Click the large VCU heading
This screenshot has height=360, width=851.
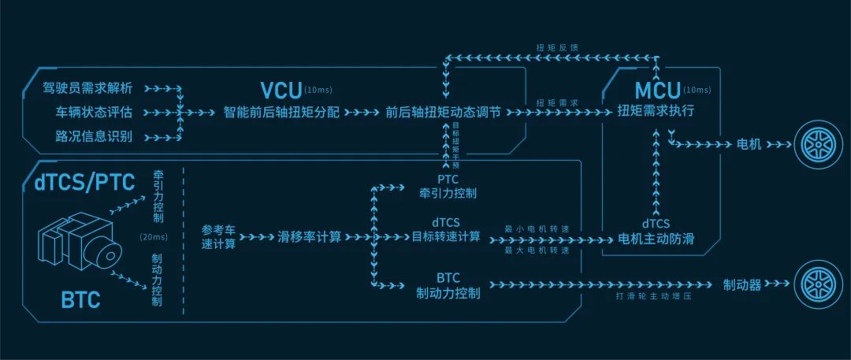pyautogui.click(x=281, y=90)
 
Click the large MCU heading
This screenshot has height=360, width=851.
pyautogui.click(x=657, y=90)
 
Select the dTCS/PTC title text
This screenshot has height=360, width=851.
pyautogui.click(x=84, y=183)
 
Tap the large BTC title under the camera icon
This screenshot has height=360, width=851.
pyautogui.click(x=81, y=299)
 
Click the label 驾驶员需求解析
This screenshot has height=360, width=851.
pyautogui.click(x=87, y=88)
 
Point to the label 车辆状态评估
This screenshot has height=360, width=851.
pyautogui.click(x=93, y=113)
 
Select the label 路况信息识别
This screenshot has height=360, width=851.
pyautogui.click(x=93, y=136)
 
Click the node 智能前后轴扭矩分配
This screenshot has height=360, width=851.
pyautogui.click(x=281, y=113)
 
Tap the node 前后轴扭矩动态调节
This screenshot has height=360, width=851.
pyautogui.click(x=443, y=113)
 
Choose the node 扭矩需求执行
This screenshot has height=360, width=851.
pyautogui.click(x=656, y=112)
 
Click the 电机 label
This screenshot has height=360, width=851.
pyautogui.click(x=749, y=144)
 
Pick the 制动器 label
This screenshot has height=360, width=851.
pyautogui.click(x=742, y=284)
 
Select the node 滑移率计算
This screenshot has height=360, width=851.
pyautogui.click(x=310, y=237)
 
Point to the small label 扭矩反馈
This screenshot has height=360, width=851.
pyautogui.click(x=554, y=48)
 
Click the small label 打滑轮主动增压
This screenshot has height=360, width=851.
pyautogui.click(x=654, y=297)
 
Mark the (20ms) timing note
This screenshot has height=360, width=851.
pyautogui.click(x=154, y=237)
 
